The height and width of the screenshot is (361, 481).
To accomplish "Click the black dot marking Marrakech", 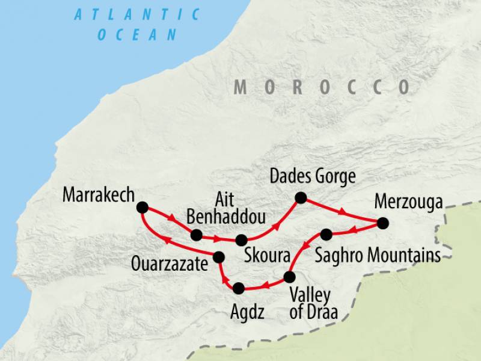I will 142,208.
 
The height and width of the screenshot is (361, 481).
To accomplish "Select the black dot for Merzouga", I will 383,224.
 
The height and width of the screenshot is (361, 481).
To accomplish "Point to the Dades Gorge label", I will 313,177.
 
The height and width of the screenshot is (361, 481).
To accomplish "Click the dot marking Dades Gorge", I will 301,197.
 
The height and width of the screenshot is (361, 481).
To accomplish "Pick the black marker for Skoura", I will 241,240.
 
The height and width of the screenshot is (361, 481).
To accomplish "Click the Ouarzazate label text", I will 171,263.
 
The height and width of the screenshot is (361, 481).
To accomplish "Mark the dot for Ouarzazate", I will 219,257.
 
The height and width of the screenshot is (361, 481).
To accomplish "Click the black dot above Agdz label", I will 239,289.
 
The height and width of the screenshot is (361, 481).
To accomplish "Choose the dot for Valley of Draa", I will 289,277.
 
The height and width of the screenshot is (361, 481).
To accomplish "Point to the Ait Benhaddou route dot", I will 196,235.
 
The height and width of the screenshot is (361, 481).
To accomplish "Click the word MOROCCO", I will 322,87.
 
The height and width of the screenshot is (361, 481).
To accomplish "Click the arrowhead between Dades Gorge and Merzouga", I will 344,212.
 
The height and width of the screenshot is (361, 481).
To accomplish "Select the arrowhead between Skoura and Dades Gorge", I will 277,227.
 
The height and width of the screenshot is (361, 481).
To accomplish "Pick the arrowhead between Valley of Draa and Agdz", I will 264,286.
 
